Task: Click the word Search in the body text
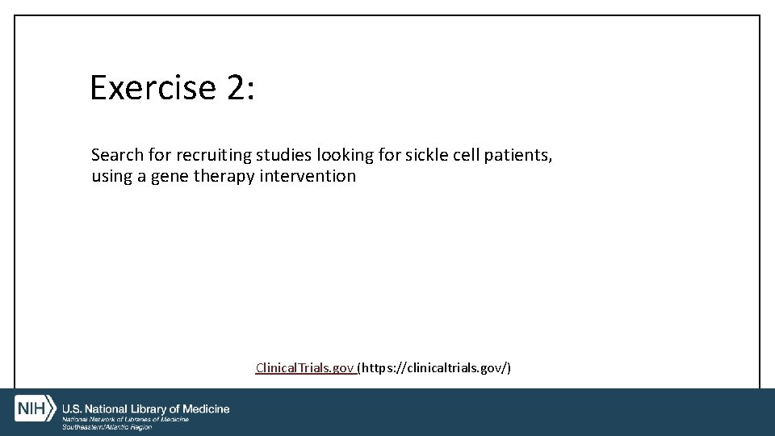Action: click(117, 154)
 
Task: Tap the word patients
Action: click(518, 154)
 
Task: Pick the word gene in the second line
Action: click(169, 176)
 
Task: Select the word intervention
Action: click(308, 176)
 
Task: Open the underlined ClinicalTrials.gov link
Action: click(305, 368)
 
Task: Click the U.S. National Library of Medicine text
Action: click(146, 409)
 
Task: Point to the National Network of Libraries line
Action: click(126, 419)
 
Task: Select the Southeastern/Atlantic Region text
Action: click(107, 427)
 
